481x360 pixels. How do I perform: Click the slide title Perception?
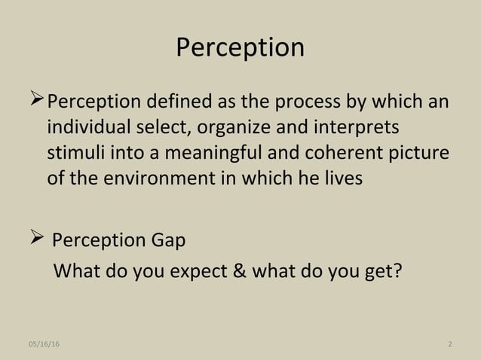tap(240, 47)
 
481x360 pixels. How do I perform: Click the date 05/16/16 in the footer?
tap(44, 344)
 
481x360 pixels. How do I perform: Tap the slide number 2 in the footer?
tap(449, 344)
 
